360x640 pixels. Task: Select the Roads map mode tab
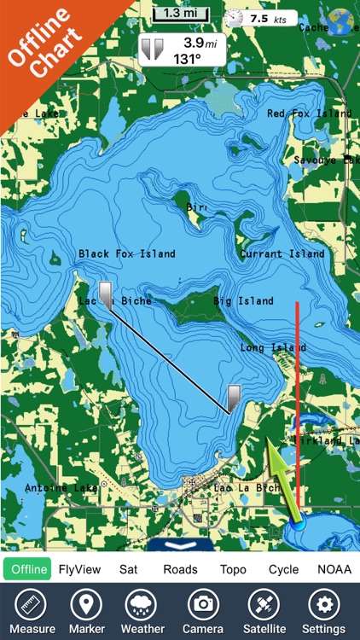(180, 569)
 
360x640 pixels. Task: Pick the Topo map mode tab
(233, 569)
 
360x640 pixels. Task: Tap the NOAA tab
(334, 569)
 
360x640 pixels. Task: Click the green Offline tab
(27, 569)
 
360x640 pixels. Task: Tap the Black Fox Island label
(126, 253)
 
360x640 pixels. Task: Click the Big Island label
(243, 301)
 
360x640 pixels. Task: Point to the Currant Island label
(282, 253)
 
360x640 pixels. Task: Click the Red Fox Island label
(309, 113)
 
